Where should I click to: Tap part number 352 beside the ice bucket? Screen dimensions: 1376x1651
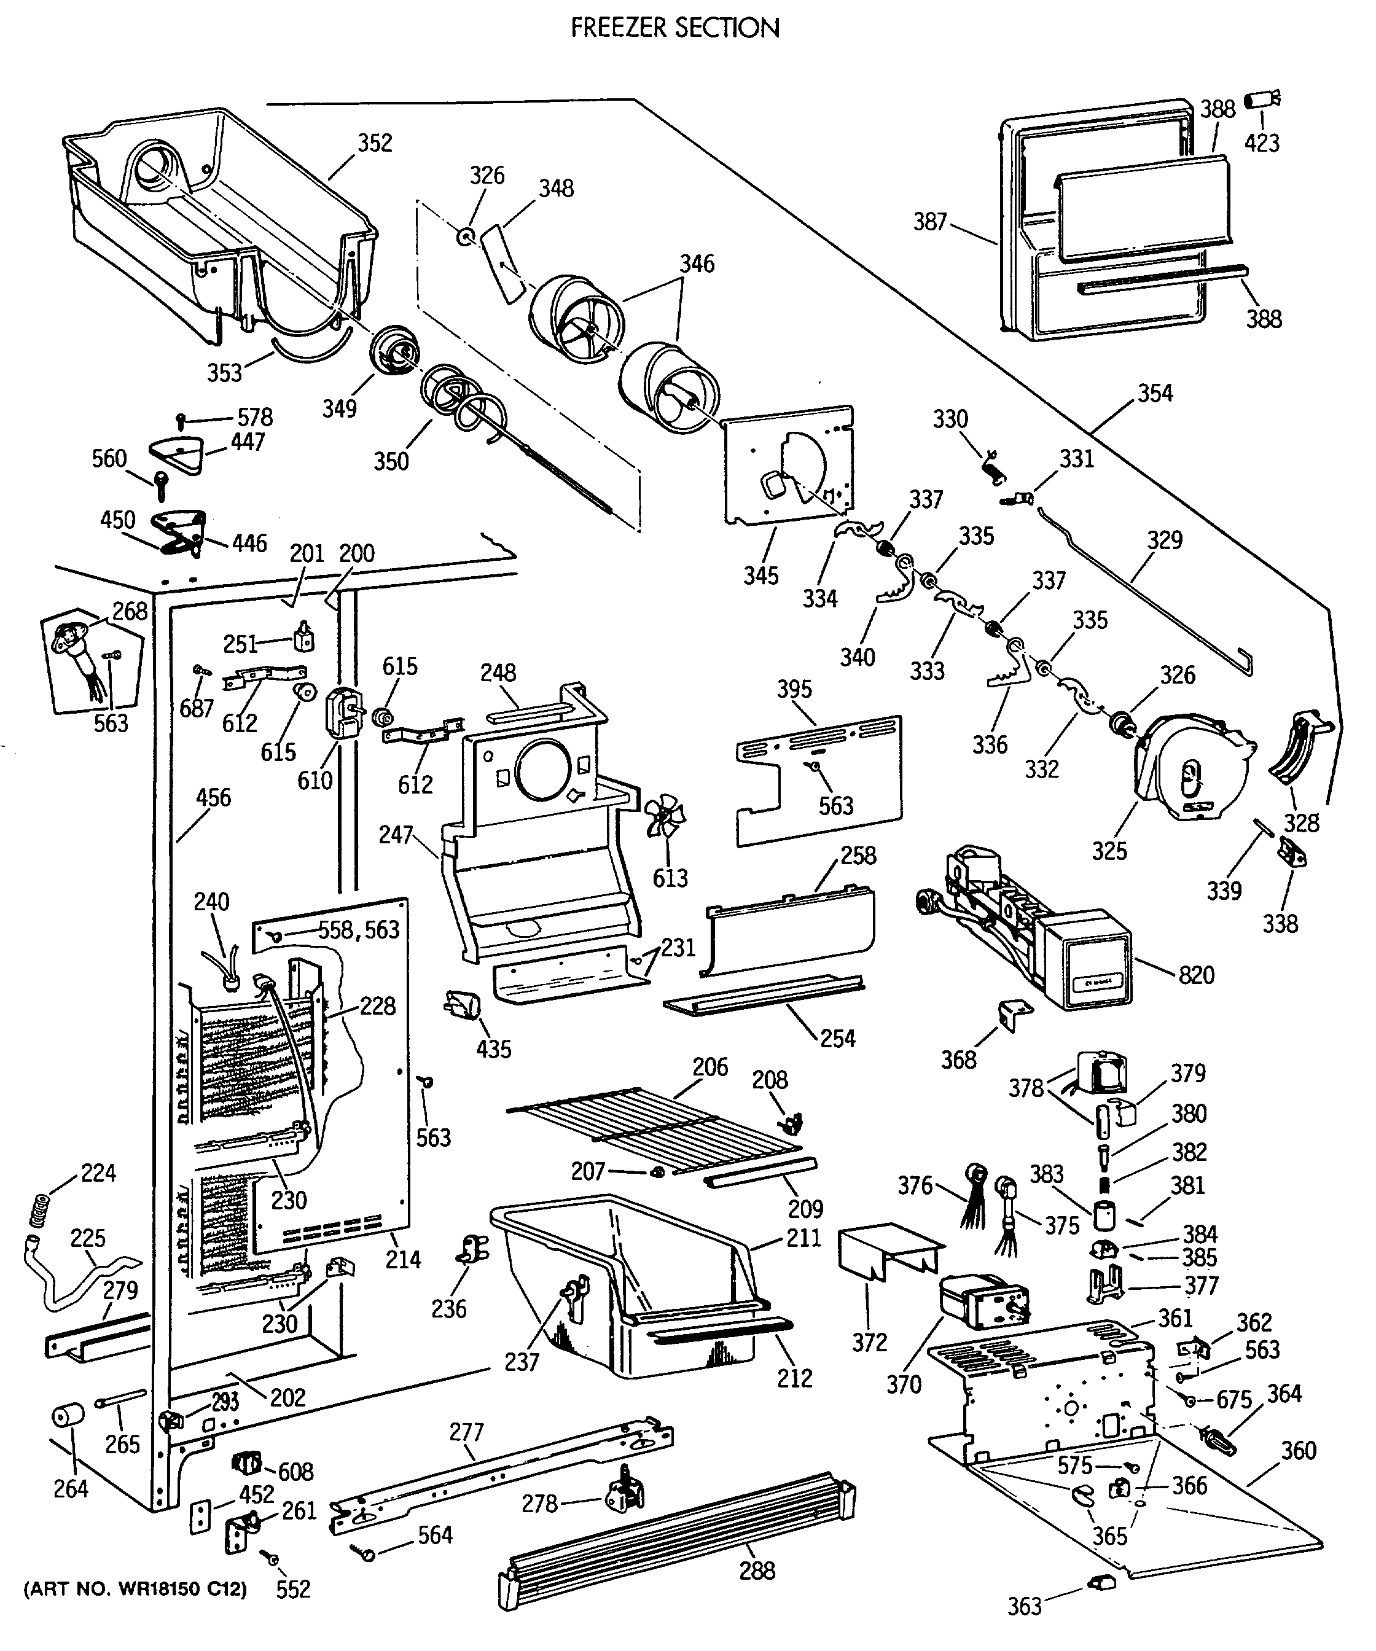(x=375, y=143)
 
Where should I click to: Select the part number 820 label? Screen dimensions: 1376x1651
(x=1196, y=975)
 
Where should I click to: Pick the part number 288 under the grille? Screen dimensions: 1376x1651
(x=757, y=1570)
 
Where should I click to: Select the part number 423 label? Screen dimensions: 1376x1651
(x=1261, y=142)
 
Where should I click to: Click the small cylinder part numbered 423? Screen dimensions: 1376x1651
(x=1261, y=101)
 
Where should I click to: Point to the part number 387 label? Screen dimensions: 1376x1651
(x=930, y=222)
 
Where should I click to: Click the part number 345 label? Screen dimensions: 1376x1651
(x=761, y=576)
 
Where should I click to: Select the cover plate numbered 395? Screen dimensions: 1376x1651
(x=818, y=780)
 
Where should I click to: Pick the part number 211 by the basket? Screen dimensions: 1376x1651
(x=803, y=1238)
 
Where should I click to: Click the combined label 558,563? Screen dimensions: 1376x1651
(x=359, y=929)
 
